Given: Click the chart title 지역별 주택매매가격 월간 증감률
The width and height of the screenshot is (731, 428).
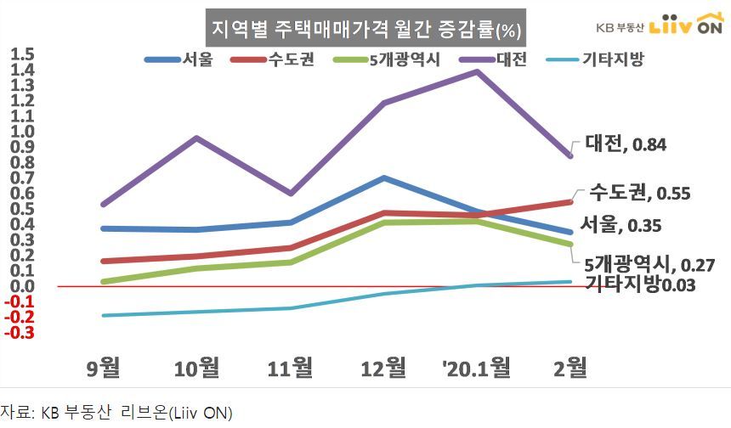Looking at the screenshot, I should coord(365,31).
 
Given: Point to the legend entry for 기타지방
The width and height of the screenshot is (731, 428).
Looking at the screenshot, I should coord(613,61).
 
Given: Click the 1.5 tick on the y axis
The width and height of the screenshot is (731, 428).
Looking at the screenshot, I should coord(22,55).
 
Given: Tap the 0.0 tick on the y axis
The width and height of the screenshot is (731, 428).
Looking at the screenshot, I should coord(22,286).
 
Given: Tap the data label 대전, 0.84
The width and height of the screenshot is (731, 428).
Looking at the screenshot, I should coord(625,145).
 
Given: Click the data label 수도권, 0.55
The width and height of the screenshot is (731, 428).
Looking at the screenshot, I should coord(639,194).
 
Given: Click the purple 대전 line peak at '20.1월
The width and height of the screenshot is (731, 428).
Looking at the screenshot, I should coord(477,71).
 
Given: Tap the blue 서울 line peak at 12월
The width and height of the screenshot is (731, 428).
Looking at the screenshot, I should coord(384,178).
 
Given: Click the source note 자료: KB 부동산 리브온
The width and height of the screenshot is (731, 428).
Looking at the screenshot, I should coord(116,414).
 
